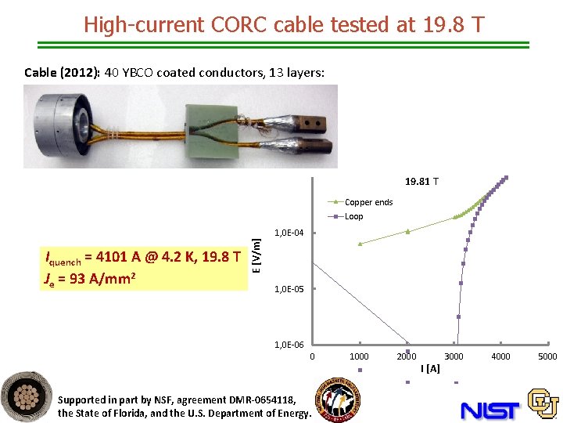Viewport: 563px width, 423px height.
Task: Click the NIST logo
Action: [489, 409]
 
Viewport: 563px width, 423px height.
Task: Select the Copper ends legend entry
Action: [368, 202]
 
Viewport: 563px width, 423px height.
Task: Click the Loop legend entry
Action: [353, 216]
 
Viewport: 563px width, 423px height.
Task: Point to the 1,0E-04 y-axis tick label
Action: [289, 233]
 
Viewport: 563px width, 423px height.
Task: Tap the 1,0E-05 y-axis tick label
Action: [289, 289]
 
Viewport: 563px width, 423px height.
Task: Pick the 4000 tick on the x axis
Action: [500, 356]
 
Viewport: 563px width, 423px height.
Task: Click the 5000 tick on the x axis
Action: [547, 356]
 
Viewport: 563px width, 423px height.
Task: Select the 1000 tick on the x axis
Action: [359, 356]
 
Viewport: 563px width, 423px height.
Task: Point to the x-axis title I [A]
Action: [429, 368]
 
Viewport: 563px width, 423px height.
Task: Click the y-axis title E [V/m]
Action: [256, 255]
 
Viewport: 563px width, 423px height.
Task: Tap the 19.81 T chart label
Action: [421, 182]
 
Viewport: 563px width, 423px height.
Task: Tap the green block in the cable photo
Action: [210, 126]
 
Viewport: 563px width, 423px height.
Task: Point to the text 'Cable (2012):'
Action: [62, 73]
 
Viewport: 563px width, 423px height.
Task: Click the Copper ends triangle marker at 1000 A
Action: [360, 244]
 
